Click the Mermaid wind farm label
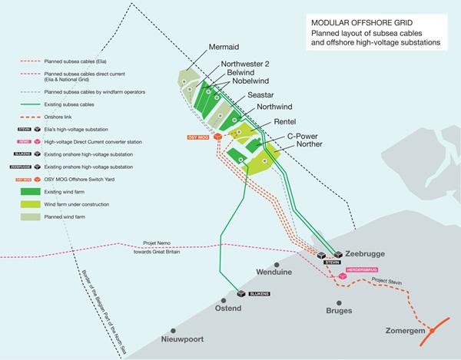pos(224,48)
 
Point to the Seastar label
pos(263,95)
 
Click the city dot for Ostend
pos(223,299)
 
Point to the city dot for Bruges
pos(339,302)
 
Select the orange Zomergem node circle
pos(433,331)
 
